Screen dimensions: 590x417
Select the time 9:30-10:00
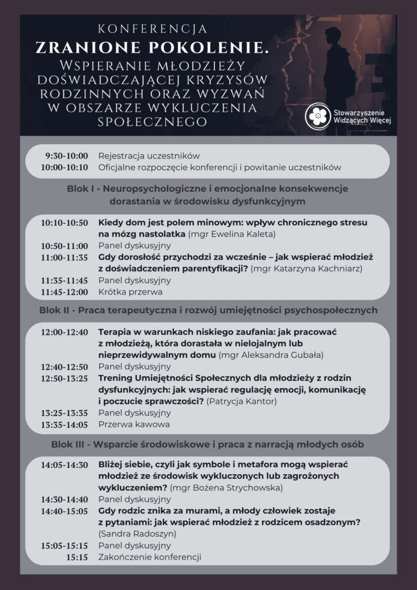67,156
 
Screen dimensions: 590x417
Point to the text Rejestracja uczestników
149,156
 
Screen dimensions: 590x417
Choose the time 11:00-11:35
65,258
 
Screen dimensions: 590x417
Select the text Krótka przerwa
128,292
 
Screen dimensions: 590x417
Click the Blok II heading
208,310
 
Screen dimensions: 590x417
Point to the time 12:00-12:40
65,332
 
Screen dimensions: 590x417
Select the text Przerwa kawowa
134,425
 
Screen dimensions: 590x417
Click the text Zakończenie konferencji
150,557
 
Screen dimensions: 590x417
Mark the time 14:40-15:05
65,510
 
